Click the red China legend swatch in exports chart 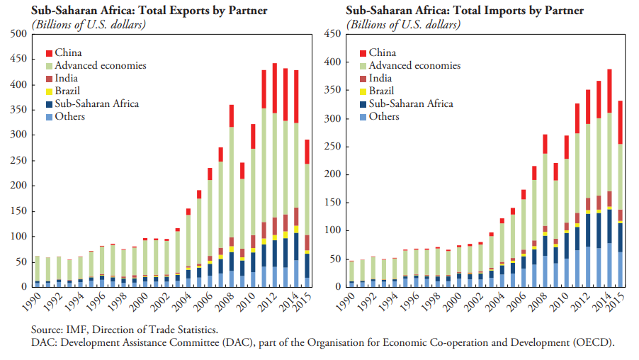[x=49, y=53]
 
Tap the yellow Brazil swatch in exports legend [x=49, y=91]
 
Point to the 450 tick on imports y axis [x=333, y=34]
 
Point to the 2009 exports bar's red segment [x=242, y=171]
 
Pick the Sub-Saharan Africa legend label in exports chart [x=96, y=103]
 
